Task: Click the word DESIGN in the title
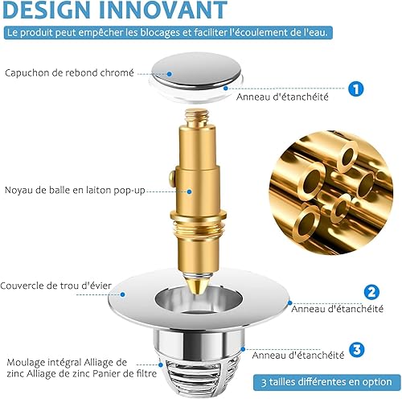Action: (47, 10)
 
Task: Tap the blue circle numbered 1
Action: (356, 88)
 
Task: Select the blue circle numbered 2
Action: (371, 292)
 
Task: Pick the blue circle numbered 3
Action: (357, 349)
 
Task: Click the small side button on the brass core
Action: (171, 177)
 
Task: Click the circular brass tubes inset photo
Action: (331, 193)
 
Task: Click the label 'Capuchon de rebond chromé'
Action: (69, 73)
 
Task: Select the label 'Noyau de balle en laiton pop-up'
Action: (75, 190)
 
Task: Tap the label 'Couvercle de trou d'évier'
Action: (55, 286)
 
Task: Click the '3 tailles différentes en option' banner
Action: (326, 382)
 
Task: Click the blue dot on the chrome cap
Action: (170, 74)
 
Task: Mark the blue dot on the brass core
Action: (189, 191)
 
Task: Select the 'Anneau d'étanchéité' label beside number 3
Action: (298, 356)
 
